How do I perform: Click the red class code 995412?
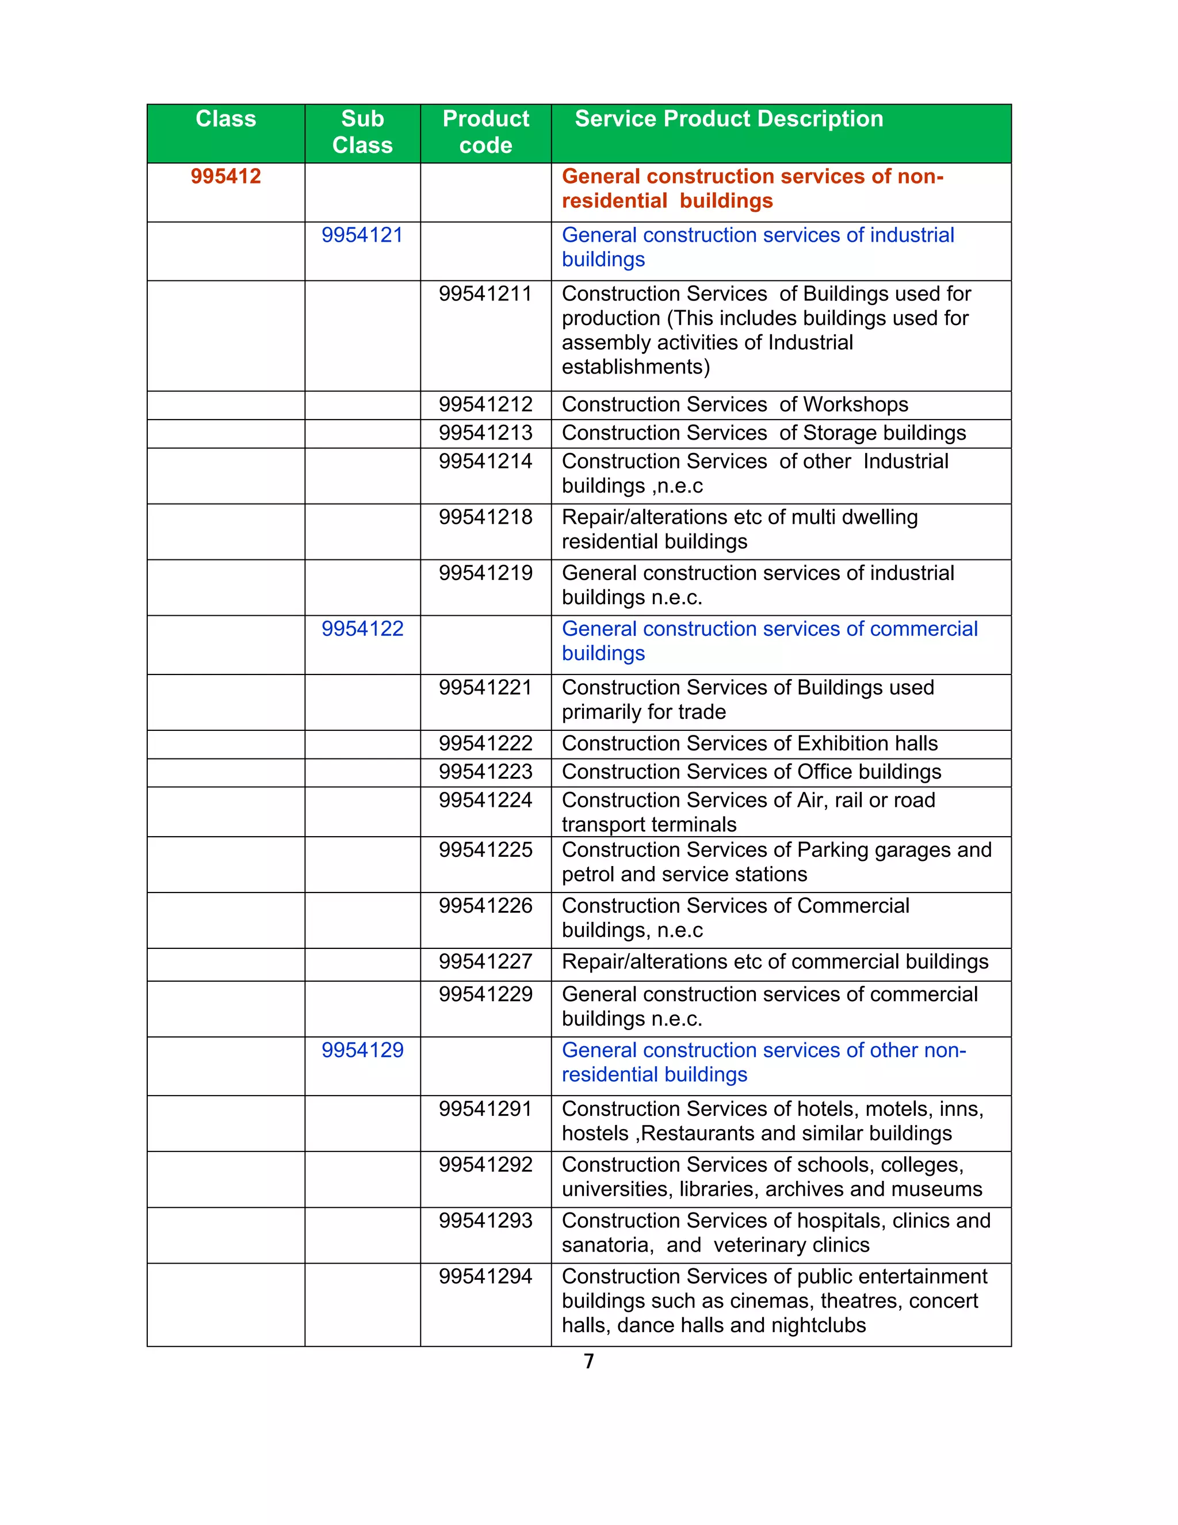225,176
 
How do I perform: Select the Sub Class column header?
362,132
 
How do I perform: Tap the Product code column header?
485,132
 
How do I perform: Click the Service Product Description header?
729,119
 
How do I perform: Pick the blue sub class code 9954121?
362,235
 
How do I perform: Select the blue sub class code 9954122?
362,629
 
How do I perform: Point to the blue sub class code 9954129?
362,1050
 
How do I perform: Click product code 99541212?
485,405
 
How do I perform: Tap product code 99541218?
485,517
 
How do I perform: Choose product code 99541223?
485,772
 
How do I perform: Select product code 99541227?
485,962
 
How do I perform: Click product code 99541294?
485,1276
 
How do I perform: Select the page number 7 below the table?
589,1361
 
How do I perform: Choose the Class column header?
225,119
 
